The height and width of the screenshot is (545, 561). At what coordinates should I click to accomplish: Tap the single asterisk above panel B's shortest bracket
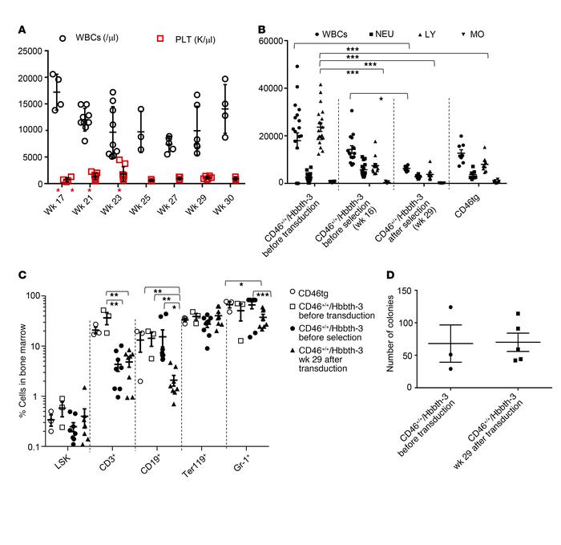click(380, 99)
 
